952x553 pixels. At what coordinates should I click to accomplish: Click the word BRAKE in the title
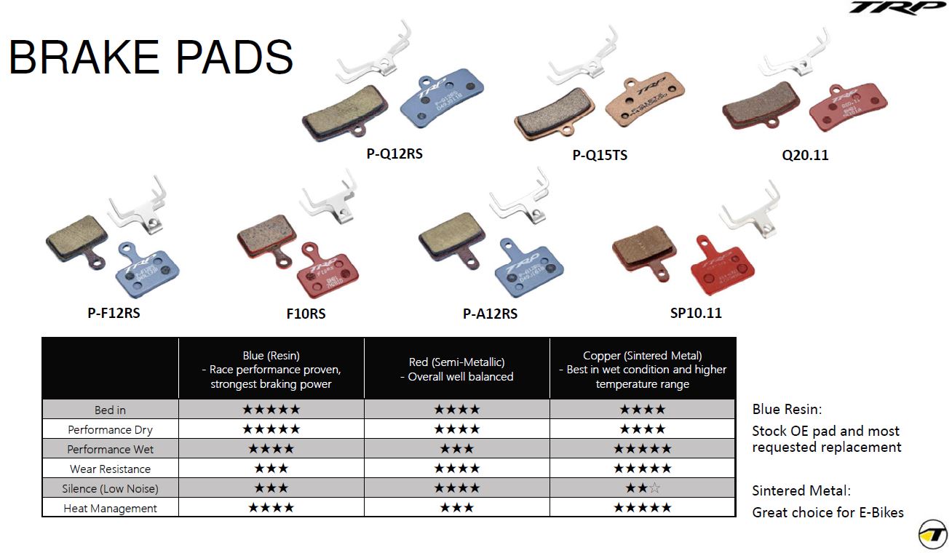tap(84, 57)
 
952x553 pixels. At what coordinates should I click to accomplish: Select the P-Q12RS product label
tap(394, 154)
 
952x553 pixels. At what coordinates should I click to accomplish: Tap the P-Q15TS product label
tap(600, 155)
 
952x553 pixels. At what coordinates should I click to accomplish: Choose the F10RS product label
tap(306, 314)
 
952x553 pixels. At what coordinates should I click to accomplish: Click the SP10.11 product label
tap(696, 314)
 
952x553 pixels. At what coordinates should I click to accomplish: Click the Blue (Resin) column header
tap(271, 370)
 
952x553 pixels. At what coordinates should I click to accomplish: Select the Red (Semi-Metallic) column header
tap(456, 369)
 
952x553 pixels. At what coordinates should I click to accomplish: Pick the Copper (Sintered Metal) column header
tap(642, 370)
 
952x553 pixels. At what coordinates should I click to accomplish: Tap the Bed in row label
tap(110, 410)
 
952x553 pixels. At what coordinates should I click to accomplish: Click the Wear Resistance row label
tap(110, 469)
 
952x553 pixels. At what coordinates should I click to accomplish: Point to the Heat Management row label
tap(110, 509)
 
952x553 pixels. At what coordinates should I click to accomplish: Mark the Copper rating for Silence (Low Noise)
tap(642, 488)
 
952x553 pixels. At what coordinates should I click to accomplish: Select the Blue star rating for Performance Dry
tap(271, 429)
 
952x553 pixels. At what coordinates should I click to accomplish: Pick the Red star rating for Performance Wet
tap(456, 449)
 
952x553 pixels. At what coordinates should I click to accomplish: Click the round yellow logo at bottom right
tap(932, 535)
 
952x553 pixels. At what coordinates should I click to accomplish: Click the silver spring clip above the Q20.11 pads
tap(793, 58)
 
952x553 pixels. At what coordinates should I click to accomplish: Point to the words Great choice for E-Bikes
tap(828, 512)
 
